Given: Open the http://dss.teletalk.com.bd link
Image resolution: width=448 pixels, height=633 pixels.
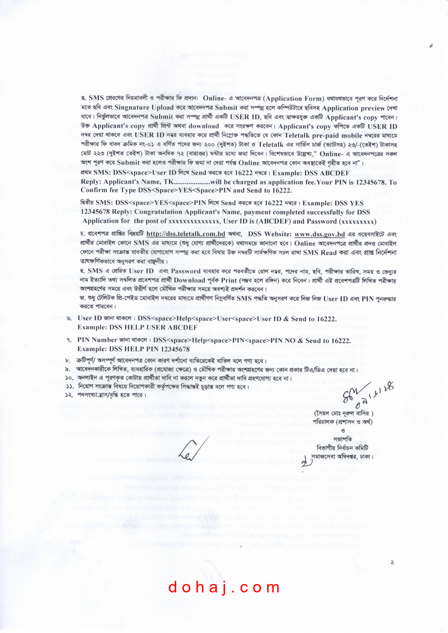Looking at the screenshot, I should (x=185, y=234).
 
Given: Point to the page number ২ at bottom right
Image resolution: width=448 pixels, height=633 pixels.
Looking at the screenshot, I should (x=392, y=562).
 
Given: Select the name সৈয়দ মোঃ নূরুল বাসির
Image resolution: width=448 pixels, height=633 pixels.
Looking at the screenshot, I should (x=343, y=413).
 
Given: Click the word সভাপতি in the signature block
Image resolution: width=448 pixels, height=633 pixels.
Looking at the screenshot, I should (x=343, y=439).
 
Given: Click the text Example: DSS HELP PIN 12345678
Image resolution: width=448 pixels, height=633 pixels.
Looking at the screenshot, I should (x=133, y=349).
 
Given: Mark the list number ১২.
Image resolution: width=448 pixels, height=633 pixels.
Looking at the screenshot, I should (x=69, y=395).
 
